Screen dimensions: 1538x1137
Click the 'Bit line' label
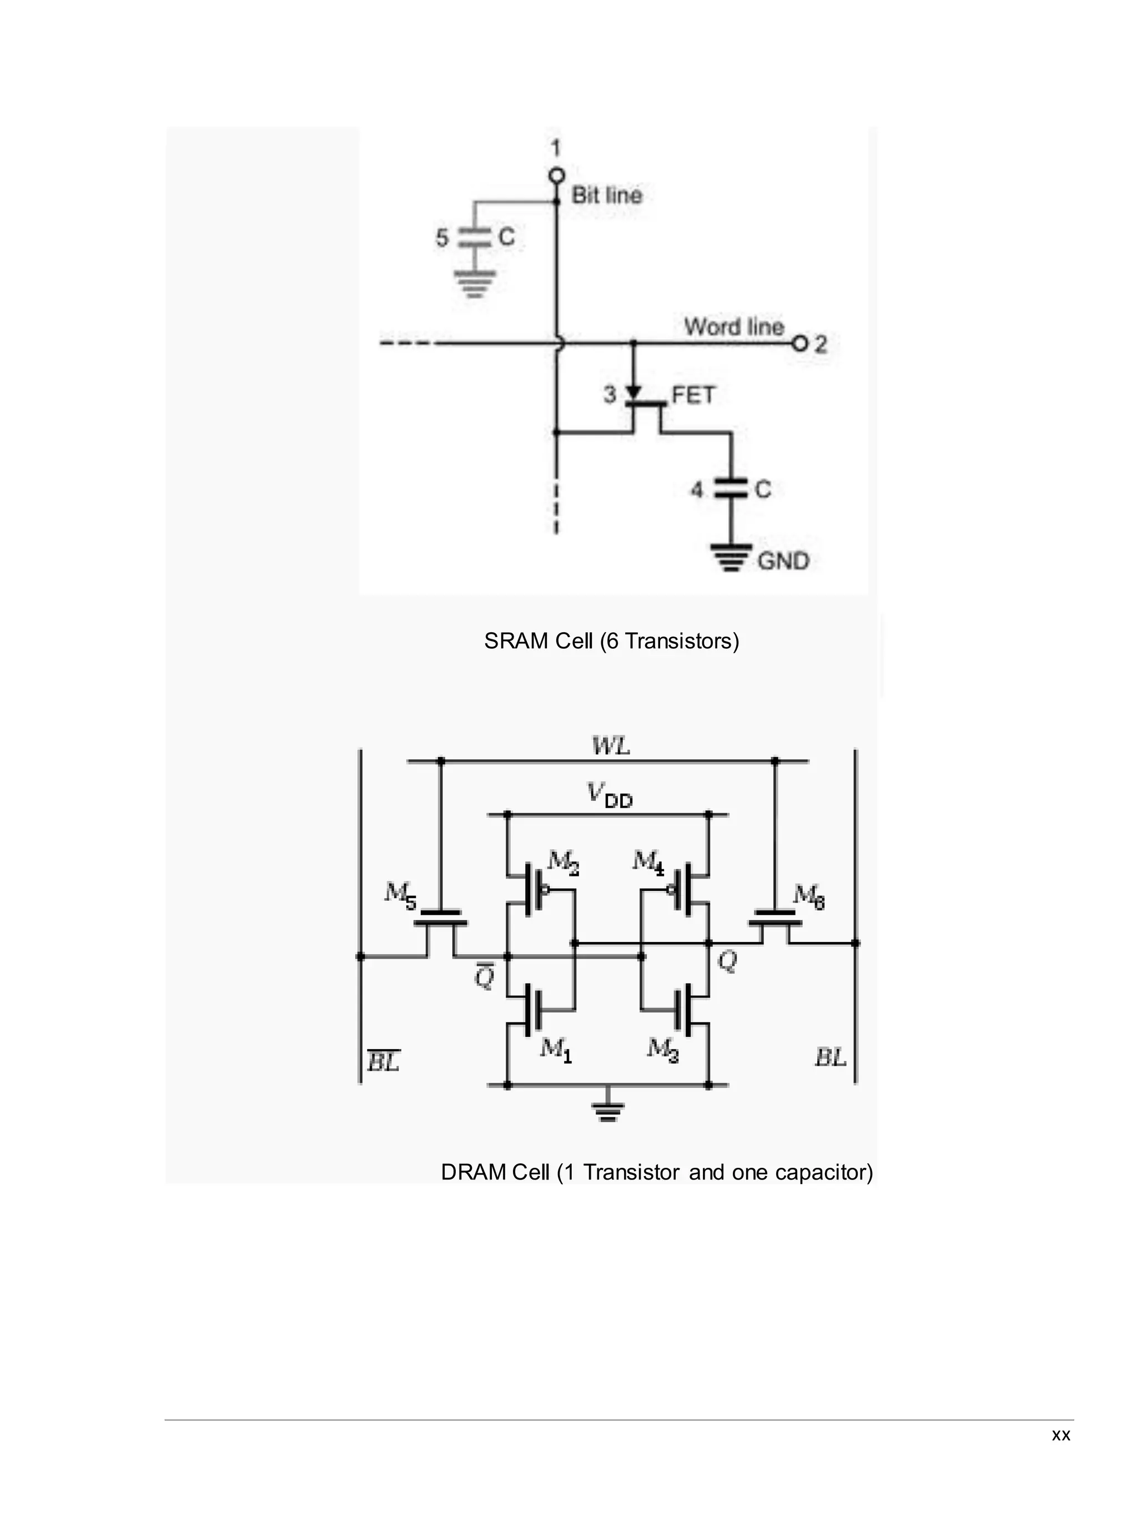[606, 195]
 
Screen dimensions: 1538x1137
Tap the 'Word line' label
[734, 327]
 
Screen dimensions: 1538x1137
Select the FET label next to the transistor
[693, 395]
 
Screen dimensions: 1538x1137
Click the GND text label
[783, 561]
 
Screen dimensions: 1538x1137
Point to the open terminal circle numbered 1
[556, 175]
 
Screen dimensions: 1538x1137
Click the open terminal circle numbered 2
[799, 344]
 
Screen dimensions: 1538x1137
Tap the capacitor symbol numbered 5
[474, 238]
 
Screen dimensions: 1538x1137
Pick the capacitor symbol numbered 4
[731, 488]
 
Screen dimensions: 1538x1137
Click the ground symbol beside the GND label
[732, 557]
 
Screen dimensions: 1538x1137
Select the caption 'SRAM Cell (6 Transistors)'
[611, 641]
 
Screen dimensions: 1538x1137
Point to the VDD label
[610, 795]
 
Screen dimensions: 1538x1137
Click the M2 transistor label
[563, 862]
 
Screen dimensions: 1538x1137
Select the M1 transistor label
[555, 1048]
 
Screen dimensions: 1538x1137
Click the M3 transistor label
[663, 1048]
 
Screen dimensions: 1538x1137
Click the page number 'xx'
[1060, 1435]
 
